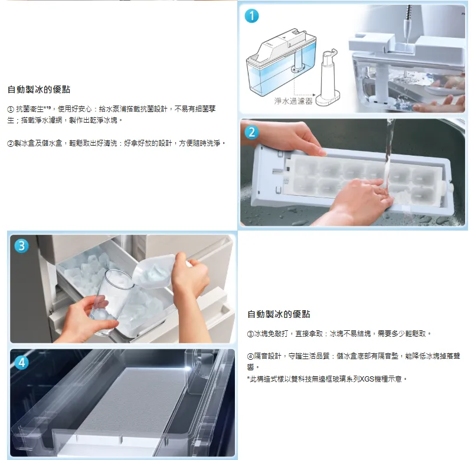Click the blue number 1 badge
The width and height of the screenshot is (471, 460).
(x=251, y=15)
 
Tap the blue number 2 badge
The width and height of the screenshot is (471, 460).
(x=251, y=132)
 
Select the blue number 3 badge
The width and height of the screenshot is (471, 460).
(x=22, y=246)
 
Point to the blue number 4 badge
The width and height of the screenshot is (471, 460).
(x=22, y=363)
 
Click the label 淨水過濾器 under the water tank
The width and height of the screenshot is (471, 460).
(x=293, y=101)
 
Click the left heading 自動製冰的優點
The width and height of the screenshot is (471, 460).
(x=39, y=90)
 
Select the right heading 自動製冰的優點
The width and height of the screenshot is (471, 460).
(x=279, y=314)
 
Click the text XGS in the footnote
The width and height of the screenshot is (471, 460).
(x=367, y=379)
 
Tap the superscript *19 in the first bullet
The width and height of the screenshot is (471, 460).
(x=47, y=107)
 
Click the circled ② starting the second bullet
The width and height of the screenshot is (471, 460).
(x=11, y=143)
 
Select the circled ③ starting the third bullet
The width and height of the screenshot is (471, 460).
(x=250, y=334)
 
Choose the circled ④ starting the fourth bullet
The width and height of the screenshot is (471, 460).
(x=250, y=356)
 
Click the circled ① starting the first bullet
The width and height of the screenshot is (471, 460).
(x=11, y=109)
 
